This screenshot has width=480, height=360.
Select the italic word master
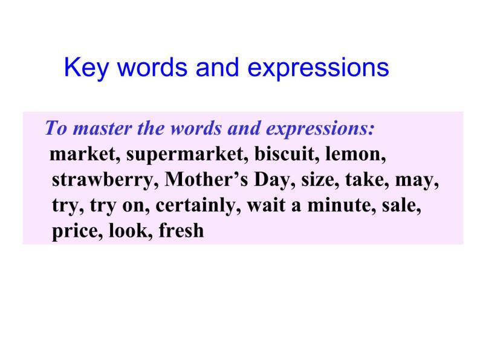coord(103,128)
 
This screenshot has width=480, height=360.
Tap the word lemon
coord(355,154)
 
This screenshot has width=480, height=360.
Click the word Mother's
coord(206,179)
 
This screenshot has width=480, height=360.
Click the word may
coord(417,181)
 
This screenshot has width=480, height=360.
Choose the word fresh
coord(181,230)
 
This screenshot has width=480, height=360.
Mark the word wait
coord(267,205)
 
